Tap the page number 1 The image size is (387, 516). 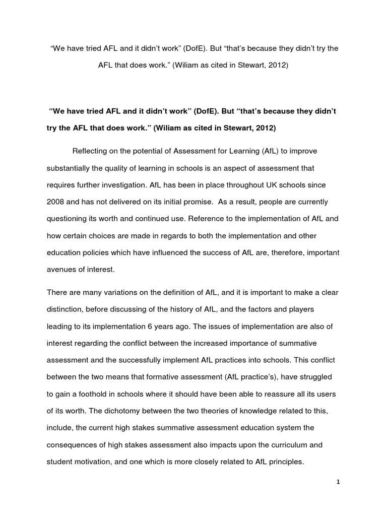click(339, 482)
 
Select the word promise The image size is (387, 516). click(187, 202)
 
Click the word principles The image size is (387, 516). click(284, 462)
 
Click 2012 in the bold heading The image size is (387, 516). click(265, 128)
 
